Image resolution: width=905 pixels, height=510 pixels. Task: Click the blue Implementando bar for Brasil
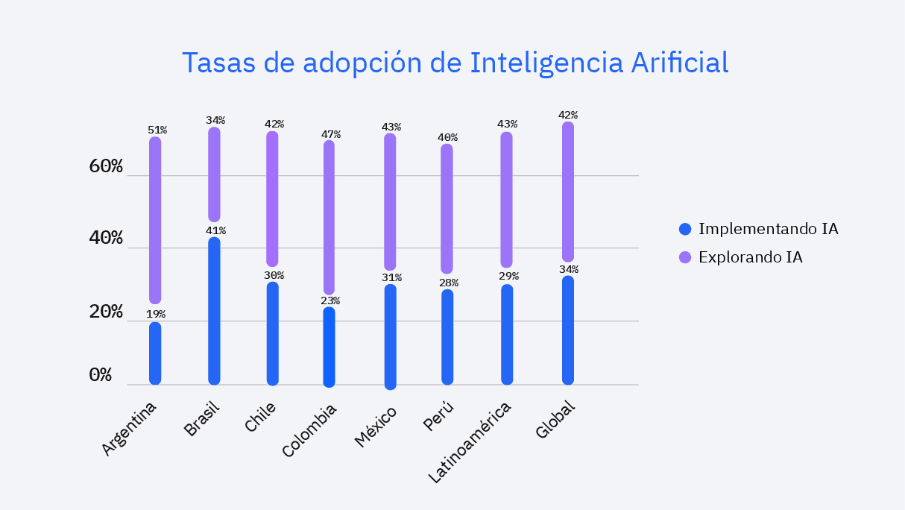(214, 311)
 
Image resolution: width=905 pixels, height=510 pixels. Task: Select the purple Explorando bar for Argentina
(155, 220)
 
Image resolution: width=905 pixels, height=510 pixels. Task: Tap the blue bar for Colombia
(329, 347)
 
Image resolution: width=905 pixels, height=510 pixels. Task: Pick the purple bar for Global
(568, 192)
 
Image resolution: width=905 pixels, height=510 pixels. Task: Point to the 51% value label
(157, 130)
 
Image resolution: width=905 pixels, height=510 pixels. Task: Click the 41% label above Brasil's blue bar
(215, 230)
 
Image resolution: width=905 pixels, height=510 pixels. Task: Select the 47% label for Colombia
(331, 134)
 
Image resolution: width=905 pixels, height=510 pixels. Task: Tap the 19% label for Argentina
(156, 315)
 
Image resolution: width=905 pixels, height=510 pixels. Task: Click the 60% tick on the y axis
(106, 166)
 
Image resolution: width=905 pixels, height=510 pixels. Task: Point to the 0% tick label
(100, 375)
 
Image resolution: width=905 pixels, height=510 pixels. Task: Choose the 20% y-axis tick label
(106, 312)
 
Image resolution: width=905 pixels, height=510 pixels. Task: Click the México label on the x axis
(376, 426)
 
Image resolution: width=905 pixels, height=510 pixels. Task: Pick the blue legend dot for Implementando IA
(686, 229)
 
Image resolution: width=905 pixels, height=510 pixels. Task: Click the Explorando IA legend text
(751, 258)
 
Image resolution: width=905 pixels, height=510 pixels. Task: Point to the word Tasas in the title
(218, 63)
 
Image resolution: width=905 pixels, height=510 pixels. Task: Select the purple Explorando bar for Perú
(447, 209)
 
